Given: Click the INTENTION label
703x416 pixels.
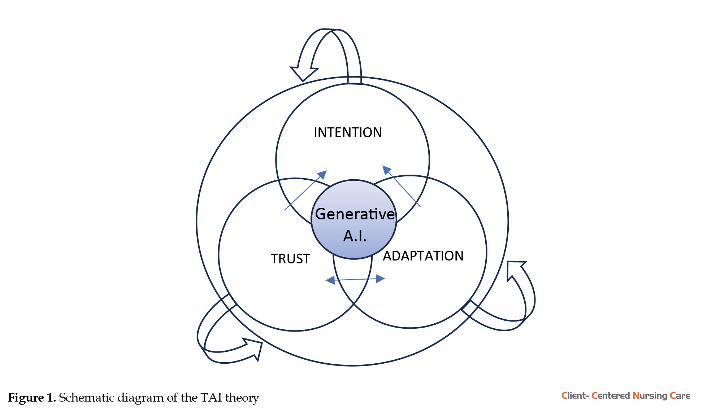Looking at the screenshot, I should pyautogui.click(x=348, y=132).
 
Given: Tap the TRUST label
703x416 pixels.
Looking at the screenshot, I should pyautogui.click(x=290, y=259).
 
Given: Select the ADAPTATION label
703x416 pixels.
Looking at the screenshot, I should pyautogui.click(x=423, y=256).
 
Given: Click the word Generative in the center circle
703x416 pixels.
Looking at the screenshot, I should pyautogui.click(x=355, y=214).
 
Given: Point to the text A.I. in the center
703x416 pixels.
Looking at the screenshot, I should pyautogui.click(x=355, y=236).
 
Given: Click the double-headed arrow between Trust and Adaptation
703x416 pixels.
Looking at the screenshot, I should pyautogui.click(x=355, y=279).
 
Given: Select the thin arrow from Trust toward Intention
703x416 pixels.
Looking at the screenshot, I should pyautogui.click(x=305, y=191).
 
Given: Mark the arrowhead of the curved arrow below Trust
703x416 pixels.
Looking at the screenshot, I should pyautogui.click(x=254, y=348).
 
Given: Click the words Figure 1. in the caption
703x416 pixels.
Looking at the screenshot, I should pyautogui.click(x=32, y=398).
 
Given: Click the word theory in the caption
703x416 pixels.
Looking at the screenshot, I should pyautogui.click(x=242, y=398).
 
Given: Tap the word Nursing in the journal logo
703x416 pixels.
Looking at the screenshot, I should pyautogui.click(x=650, y=396).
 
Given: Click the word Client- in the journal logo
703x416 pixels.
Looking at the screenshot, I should pyautogui.click(x=575, y=396).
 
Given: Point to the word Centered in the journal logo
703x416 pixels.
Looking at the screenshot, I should pyautogui.click(x=611, y=396).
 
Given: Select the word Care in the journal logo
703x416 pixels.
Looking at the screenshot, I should pyautogui.click(x=680, y=396).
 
